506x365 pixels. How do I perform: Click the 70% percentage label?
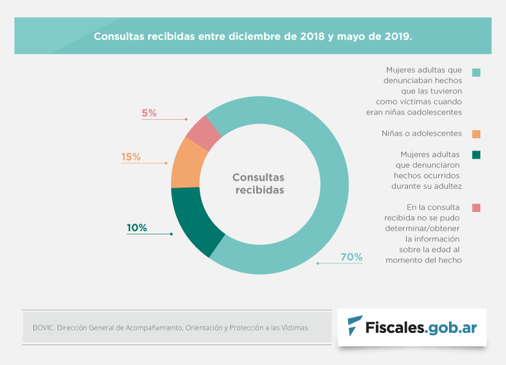[352, 257]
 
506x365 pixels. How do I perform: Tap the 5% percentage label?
[149, 113]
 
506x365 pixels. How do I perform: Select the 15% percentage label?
[131, 157]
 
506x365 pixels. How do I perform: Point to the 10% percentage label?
[136, 227]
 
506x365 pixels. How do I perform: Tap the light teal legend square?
[476, 72]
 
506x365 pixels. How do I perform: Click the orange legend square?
[476, 134]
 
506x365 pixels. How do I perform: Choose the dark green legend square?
[476, 154]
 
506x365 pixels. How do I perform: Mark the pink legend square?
[476, 207]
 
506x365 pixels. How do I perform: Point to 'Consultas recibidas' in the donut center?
[258, 184]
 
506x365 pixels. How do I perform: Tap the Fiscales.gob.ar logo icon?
[354, 327]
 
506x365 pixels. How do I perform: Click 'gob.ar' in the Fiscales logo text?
[453, 327]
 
